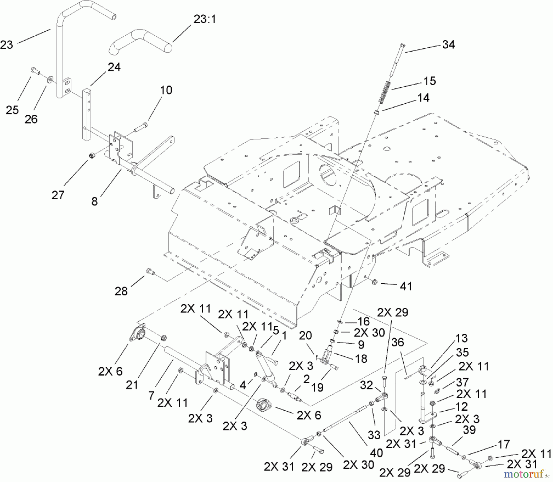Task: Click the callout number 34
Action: [448, 45]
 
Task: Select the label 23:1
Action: [205, 20]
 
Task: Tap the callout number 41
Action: [406, 286]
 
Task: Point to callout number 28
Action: [121, 291]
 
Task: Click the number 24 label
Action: [114, 67]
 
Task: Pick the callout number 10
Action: [166, 90]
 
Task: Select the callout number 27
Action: [58, 195]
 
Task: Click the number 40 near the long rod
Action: [376, 452]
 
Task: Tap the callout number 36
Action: [398, 342]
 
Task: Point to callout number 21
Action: [132, 384]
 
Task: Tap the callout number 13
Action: [461, 338]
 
